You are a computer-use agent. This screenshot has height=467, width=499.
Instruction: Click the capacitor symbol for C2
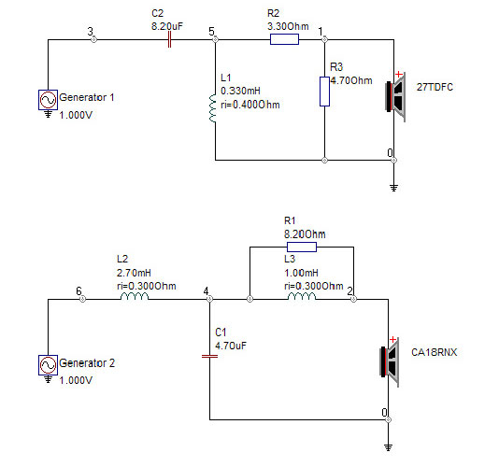(x=169, y=40)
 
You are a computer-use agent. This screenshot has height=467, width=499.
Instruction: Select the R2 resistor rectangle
(x=284, y=39)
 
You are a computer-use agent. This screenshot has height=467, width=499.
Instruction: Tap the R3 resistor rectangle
(x=324, y=92)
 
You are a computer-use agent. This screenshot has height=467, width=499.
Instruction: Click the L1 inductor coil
(x=212, y=108)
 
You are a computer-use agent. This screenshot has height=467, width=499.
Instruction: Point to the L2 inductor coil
(x=135, y=296)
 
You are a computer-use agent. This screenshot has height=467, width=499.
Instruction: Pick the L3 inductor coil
(x=302, y=296)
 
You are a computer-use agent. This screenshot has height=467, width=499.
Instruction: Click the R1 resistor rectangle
(x=302, y=247)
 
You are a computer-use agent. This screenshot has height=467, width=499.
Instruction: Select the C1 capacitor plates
(x=209, y=356)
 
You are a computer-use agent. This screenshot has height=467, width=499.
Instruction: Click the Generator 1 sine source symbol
(x=48, y=100)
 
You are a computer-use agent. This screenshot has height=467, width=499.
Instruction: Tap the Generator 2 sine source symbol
(x=48, y=365)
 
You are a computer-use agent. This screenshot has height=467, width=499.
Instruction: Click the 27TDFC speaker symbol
(x=395, y=97)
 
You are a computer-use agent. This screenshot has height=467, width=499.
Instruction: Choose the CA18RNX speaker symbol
(x=390, y=362)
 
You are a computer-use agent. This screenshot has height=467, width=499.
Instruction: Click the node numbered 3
(x=93, y=40)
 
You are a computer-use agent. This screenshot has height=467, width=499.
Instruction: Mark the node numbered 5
(x=215, y=40)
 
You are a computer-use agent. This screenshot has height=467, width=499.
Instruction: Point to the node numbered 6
(x=82, y=299)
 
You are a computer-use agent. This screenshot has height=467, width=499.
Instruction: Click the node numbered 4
(x=209, y=299)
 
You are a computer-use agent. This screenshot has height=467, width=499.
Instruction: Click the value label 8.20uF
(x=167, y=26)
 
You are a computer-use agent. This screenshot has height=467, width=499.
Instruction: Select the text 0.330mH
(x=240, y=91)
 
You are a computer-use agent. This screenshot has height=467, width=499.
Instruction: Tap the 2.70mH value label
(x=134, y=273)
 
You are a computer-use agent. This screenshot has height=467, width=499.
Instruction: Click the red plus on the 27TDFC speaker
(x=398, y=75)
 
